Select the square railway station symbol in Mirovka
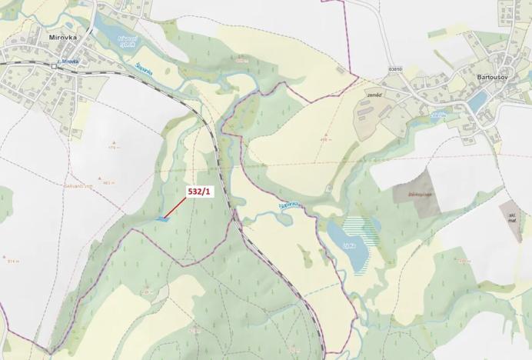click(54, 66)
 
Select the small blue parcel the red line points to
click(161, 219)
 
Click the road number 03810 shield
click(395, 69)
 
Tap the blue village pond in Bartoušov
click(477, 102)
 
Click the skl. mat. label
click(511, 217)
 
